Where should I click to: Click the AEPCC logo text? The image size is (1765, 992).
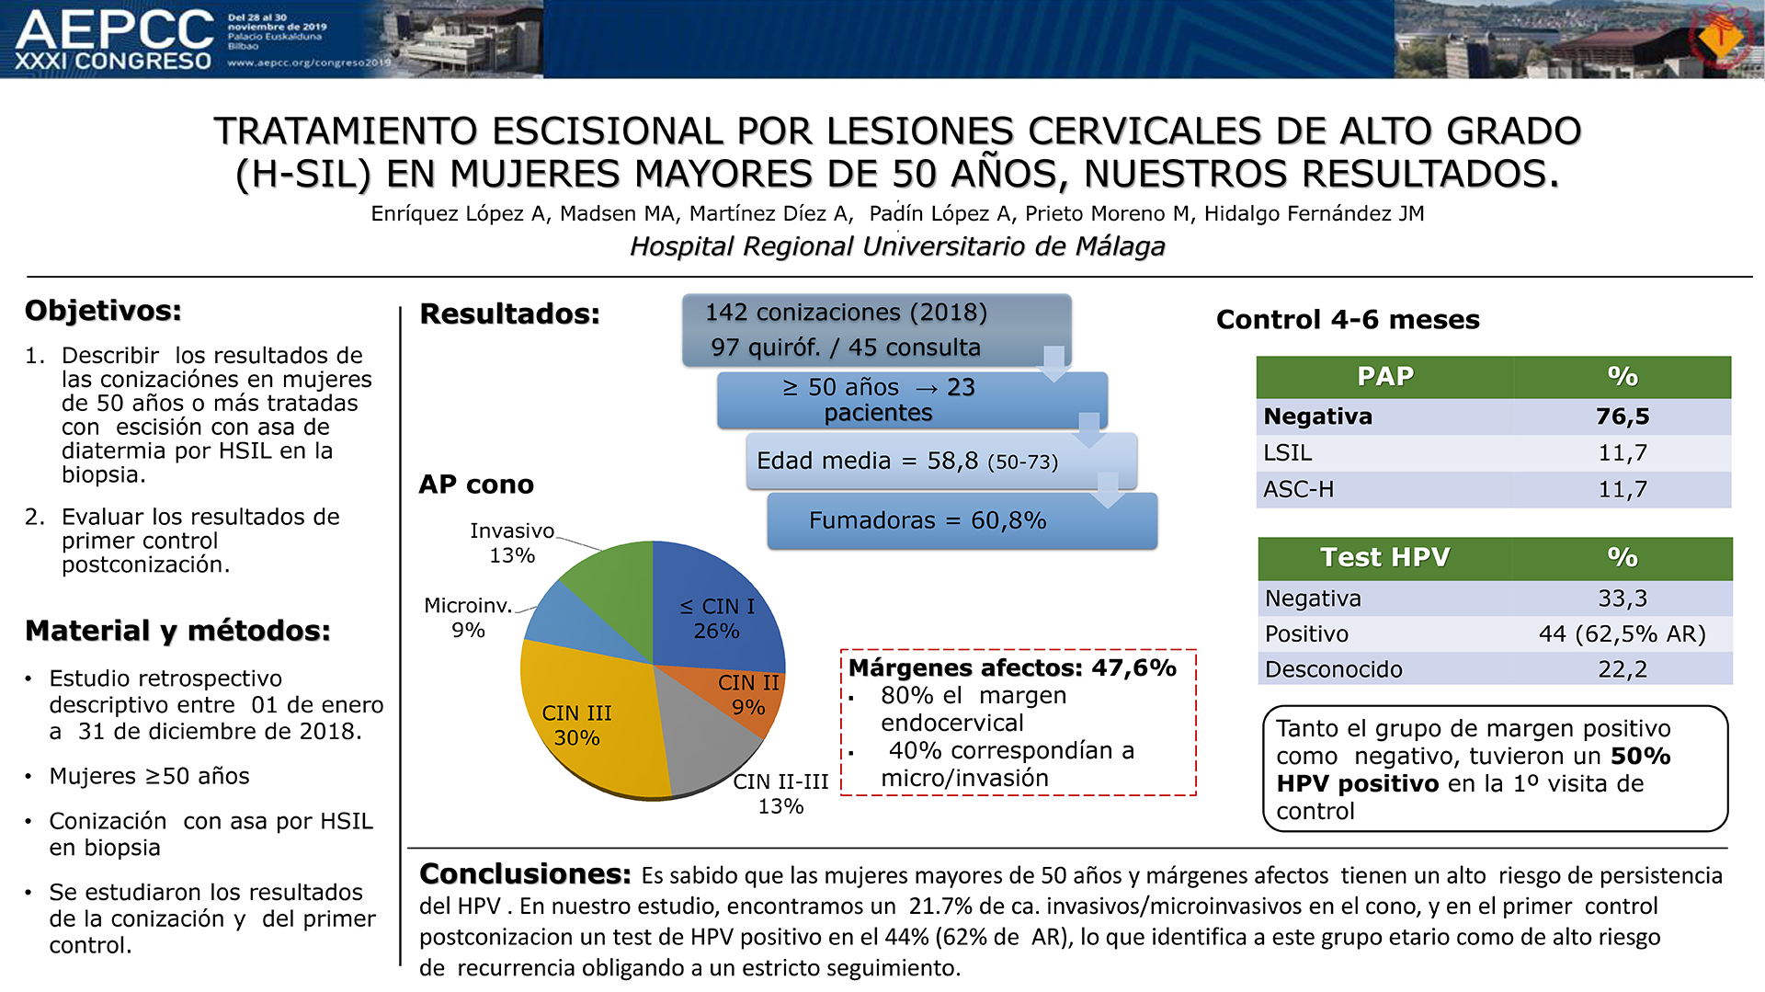[x=115, y=29]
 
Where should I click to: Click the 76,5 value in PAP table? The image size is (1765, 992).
[x=1623, y=416]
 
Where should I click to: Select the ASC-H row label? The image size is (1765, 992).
[x=1298, y=489]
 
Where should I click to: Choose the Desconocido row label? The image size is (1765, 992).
[x=1333, y=669]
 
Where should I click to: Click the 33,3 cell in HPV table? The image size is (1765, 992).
[x=1623, y=599]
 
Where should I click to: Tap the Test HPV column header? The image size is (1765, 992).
[x=1385, y=557]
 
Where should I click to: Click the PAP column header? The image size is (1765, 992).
[x=1385, y=376]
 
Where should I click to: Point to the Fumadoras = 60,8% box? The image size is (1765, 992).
[x=962, y=520]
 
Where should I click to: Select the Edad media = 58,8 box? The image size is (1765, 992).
[x=941, y=461]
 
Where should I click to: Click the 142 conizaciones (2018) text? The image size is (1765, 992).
[x=846, y=313]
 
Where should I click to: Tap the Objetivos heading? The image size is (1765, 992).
[x=103, y=311]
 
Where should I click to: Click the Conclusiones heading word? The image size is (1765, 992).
[x=525, y=873]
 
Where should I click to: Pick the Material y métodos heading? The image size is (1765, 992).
[x=177, y=631]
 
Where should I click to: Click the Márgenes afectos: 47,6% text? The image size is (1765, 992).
[x=1012, y=667]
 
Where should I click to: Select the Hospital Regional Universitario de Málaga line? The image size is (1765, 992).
[x=897, y=246]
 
